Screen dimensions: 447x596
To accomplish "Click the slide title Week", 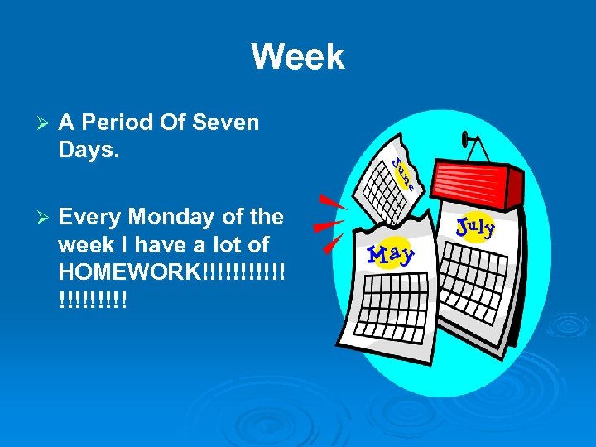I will pos(297,57).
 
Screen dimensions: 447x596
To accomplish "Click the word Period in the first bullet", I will pos(123,123).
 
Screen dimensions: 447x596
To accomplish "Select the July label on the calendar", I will pos(475,227).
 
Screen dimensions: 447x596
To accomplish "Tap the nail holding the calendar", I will pos(469,137).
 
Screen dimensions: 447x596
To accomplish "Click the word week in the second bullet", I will pos(84,245).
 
